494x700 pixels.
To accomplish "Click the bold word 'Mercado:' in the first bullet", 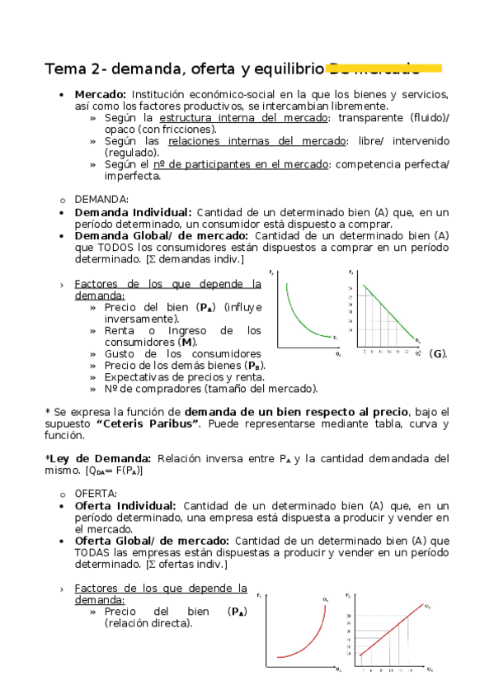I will click(x=100, y=94).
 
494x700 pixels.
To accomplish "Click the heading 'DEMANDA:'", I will click(x=101, y=199).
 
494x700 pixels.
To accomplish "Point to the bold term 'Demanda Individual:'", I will click(x=133, y=212).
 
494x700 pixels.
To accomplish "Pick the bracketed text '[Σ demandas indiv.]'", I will click(x=194, y=260).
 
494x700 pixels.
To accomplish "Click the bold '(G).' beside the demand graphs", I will click(x=439, y=354).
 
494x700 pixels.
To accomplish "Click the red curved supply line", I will click(x=307, y=641).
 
